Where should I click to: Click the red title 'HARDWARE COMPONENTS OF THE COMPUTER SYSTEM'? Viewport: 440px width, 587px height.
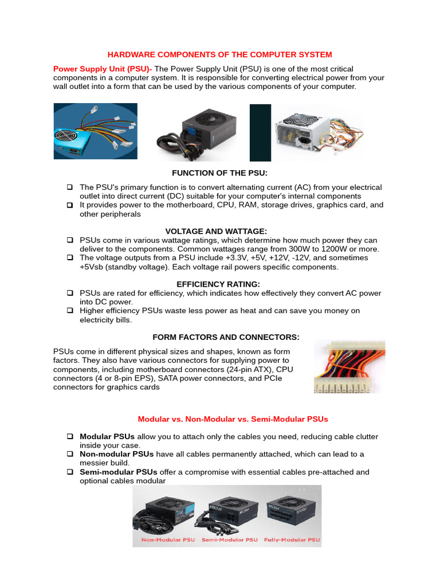click(220, 54)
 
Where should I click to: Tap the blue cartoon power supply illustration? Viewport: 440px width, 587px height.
click(95, 131)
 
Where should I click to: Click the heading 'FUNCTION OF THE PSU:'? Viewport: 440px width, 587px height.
click(220, 173)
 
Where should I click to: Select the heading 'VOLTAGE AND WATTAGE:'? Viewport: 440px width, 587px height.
click(216, 231)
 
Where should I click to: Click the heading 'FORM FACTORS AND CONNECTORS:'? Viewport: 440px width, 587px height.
click(226, 337)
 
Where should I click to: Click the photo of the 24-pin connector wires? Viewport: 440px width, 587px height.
click(349, 366)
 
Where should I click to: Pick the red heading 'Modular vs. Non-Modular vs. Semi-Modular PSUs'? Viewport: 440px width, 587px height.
click(232, 419)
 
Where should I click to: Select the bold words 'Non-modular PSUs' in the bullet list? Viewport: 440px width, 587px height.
click(116, 454)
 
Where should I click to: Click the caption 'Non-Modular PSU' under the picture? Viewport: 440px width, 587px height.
click(167, 540)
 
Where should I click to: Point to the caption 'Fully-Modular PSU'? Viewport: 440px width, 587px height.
click(292, 540)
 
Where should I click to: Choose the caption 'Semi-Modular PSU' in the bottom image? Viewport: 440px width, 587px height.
click(229, 540)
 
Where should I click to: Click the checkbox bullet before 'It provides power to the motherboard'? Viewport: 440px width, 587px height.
click(70, 205)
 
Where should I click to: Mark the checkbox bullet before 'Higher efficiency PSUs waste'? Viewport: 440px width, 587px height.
click(70, 311)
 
